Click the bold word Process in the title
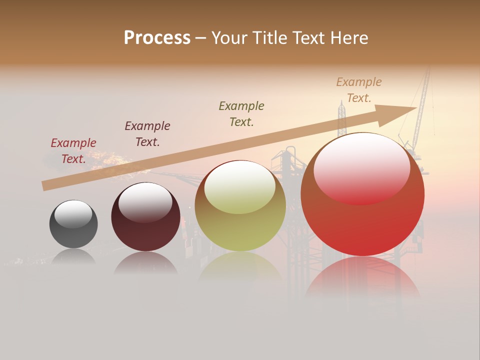coord(157,38)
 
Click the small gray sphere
coord(73,231)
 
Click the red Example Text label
coord(73,151)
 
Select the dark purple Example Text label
coord(147,134)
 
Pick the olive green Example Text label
coord(241,113)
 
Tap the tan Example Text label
coord(358,90)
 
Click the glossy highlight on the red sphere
coord(361,167)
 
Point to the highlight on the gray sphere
coord(73,213)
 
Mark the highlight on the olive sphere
coord(240,187)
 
